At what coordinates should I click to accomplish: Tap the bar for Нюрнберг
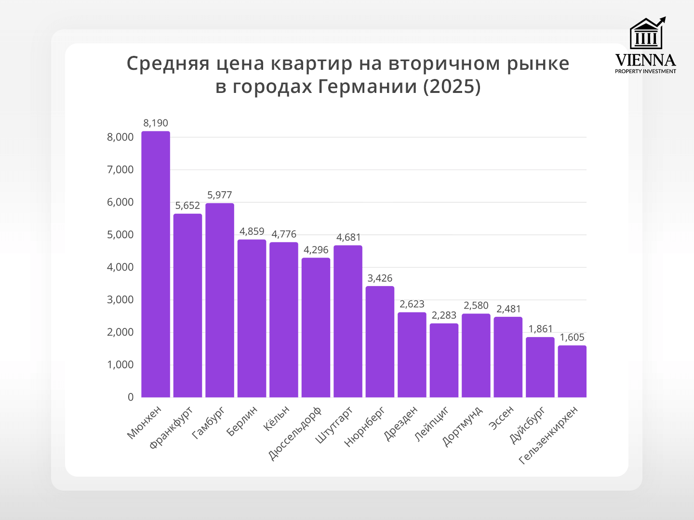(x=380, y=341)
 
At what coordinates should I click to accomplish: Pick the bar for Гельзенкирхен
(x=572, y=371)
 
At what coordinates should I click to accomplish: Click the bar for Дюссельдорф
(x=316, y=327)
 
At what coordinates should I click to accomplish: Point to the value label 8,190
(x=156, y=123)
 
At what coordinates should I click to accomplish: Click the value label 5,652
(x=187, y=206)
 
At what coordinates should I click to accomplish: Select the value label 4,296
(x=316, y=250)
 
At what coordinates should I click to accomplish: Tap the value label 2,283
(x=444, y=315)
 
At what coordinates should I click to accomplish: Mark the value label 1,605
(x=572, y=338)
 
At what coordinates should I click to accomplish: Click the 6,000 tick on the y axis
(x=120, y=202)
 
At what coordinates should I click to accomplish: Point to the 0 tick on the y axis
(x=131, y=397)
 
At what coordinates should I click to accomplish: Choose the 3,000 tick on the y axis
(x=120, y=299)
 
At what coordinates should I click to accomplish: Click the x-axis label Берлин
(x=242, y=421)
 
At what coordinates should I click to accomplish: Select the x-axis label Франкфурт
(x=172, y=427)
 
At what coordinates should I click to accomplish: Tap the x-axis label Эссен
(x=502, y=417)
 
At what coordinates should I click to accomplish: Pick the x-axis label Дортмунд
(x=463, y=426)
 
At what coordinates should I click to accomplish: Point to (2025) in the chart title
(x=452, y=87)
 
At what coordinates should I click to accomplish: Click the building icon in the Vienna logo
(x=646, y=35)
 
